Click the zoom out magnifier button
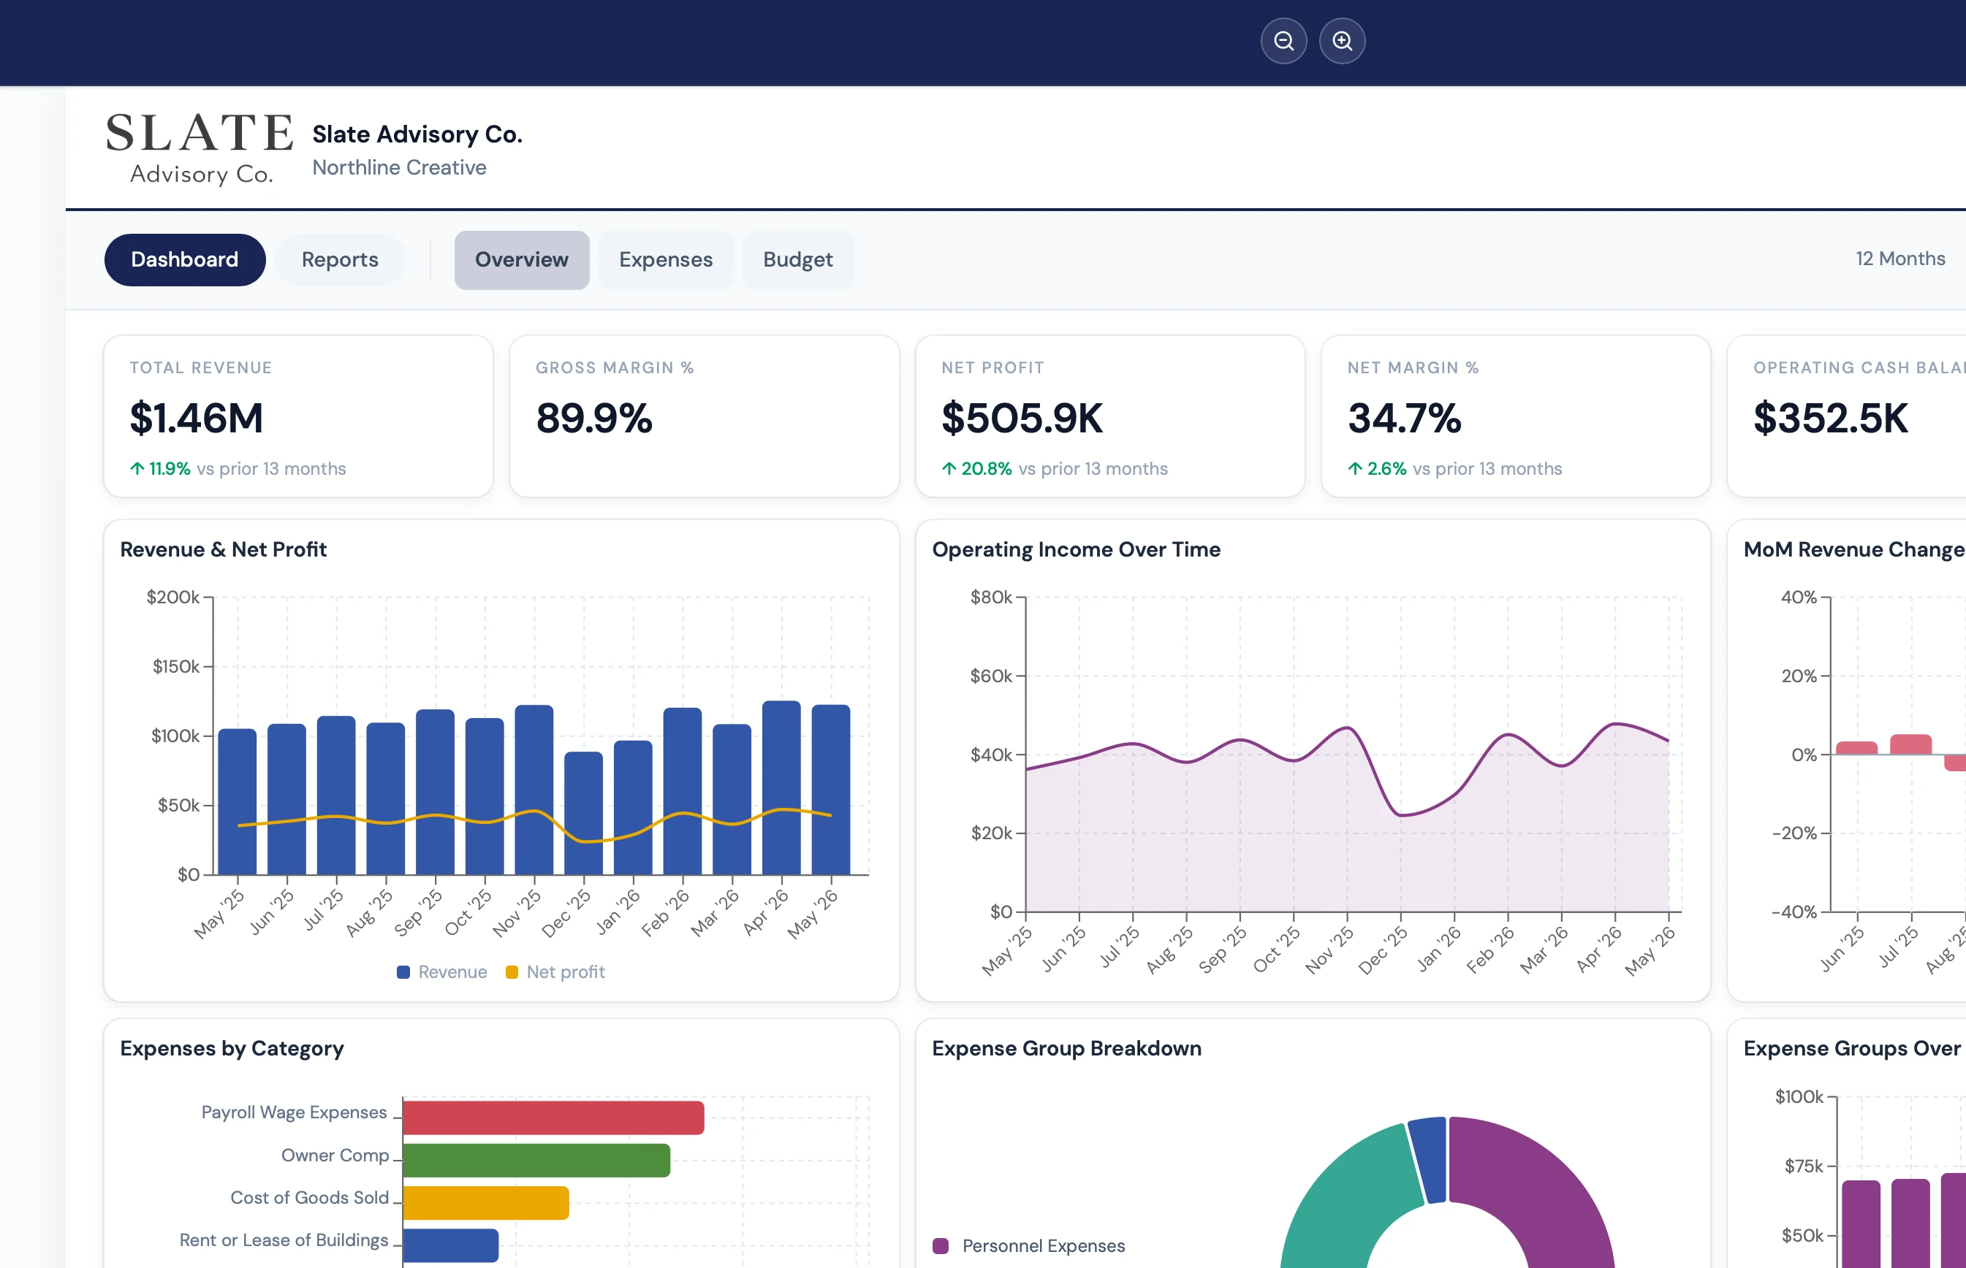[1283, 40]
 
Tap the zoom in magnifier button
[1342, 40]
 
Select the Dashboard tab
[184, 259]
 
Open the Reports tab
[340, 259]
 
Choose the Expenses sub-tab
[666, 259]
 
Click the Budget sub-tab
[797, 259]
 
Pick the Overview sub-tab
[521, 259]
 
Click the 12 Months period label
[1899, 259]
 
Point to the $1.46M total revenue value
[196, 418]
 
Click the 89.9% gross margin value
[594, 418]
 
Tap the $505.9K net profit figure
[1021, 418]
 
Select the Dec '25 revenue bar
[583, 813]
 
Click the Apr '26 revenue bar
[781, 787]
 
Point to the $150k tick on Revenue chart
[175, 666]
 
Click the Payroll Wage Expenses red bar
[553, 1118]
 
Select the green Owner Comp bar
[536, 1160]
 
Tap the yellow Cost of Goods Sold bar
[486, 1203]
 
